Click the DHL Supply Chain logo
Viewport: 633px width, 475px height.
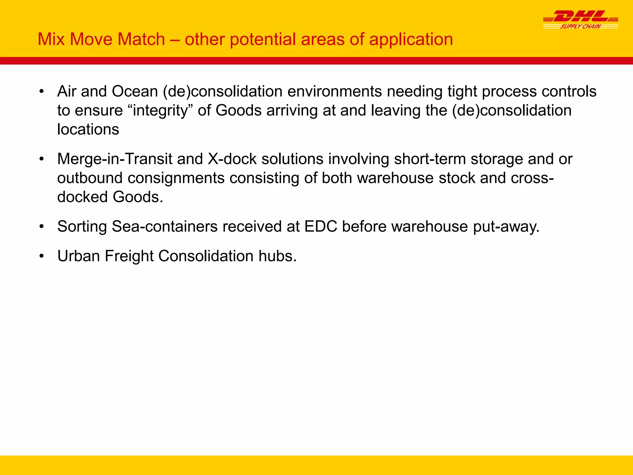[x=580, y=20]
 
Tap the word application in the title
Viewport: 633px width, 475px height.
[x=411, y=40]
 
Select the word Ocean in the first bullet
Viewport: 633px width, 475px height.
[x=135, y=92]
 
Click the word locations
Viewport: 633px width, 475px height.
[x=88, y=129]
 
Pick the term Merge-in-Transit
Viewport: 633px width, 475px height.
[x=115, y=159]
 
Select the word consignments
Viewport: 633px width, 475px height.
[x=176, y=178]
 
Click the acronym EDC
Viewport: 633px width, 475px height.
[x=321, y=226]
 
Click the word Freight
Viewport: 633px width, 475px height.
[x=129, y=256]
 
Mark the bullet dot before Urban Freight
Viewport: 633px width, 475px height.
[x=42, y=256]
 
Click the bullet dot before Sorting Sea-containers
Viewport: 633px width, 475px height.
[x=42, y=226]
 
